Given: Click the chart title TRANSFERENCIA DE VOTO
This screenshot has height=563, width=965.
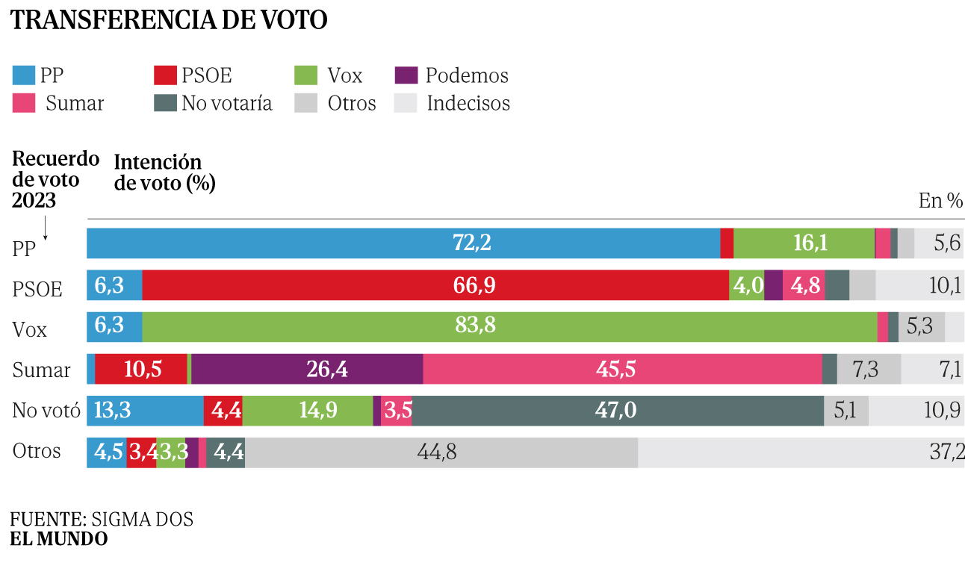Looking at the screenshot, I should (169, 20).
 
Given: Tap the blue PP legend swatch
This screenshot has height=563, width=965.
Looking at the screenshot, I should (23, 75).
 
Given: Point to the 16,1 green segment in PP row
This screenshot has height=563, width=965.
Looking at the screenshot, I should (804, 243).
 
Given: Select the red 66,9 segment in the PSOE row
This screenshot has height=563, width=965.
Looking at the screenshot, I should (435, 285).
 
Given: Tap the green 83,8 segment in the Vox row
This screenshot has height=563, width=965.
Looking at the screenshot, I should (509, 327).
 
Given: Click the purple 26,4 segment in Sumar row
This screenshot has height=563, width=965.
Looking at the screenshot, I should (307, 369).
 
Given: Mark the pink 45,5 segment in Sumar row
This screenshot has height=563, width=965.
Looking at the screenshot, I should (622, 369).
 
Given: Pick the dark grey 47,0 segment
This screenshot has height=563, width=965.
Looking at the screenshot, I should (618, 411).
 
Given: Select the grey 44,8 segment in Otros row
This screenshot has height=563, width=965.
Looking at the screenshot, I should (441, 452).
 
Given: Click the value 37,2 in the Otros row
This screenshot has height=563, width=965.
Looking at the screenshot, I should (944, 452).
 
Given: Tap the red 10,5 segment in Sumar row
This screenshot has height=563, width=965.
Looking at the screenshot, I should (141, 369).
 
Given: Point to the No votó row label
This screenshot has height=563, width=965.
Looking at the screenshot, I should (46, 411).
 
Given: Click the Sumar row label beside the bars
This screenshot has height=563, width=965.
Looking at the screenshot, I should (42, 370).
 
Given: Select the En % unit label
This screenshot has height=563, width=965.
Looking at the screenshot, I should (940, 200).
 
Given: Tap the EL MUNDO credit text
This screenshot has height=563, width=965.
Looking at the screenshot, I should (59, 539).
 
